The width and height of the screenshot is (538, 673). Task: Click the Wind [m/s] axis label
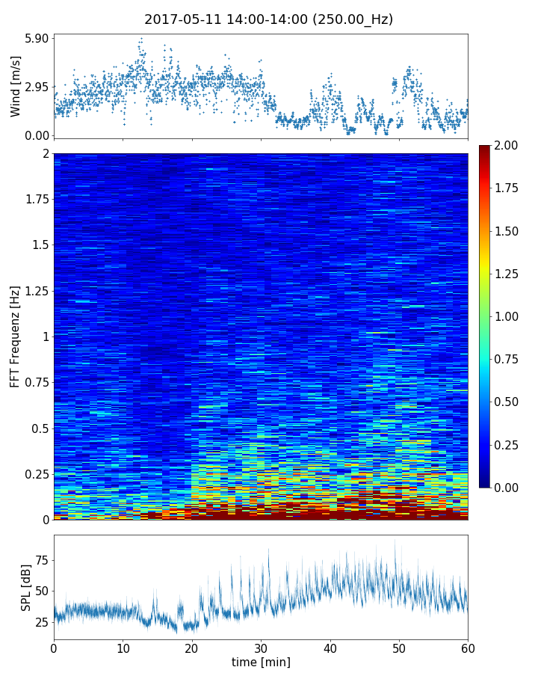click(x=16, y=87)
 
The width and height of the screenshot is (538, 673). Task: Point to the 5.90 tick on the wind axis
click(x=36, y=38)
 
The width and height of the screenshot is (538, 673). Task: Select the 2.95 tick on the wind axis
click(x=36, y=87)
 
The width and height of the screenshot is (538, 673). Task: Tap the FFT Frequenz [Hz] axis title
click(x=16, y=336)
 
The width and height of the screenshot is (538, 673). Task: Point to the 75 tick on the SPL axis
click(x=41, y=560)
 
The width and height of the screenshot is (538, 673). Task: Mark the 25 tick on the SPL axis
click(x=41, y=621)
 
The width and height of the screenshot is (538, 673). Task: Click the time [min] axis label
click(x=261, y=662)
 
